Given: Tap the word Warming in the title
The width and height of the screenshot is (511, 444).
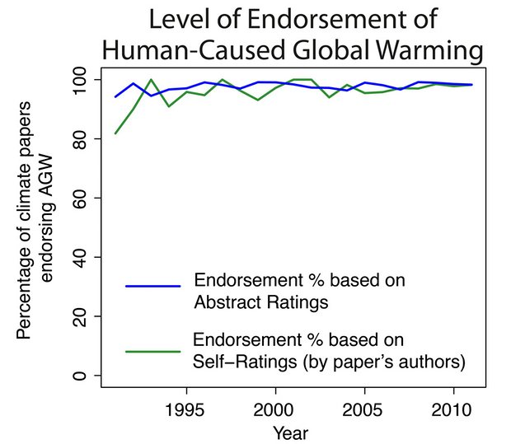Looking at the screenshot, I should pyautogui.click(x=420, y=50).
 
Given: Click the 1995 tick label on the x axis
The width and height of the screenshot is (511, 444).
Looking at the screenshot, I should pyautogui.click(x=185, y=409).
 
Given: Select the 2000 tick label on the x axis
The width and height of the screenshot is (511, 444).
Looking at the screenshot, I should pyautogui.click(x=274, y=409).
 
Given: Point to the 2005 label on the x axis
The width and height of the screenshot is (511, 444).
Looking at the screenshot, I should pyautogui.click(x=363, y=409).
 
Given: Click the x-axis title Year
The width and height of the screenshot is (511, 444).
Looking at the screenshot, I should pyautogui.click(x=293, y=432).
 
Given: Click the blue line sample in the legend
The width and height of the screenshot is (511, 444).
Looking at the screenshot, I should pyautogui.click(x=152, y=286).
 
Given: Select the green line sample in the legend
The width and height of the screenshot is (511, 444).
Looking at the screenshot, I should pyautogui.click(x=152, y=351).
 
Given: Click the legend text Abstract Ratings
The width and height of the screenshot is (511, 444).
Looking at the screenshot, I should pyautogui.click(x=260, y=301).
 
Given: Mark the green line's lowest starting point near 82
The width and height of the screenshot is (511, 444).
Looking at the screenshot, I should pyautogui.click(x=115, y=133).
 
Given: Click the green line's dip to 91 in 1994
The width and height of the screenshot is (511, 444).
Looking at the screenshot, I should pyautogui.click(x=168, y=106).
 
